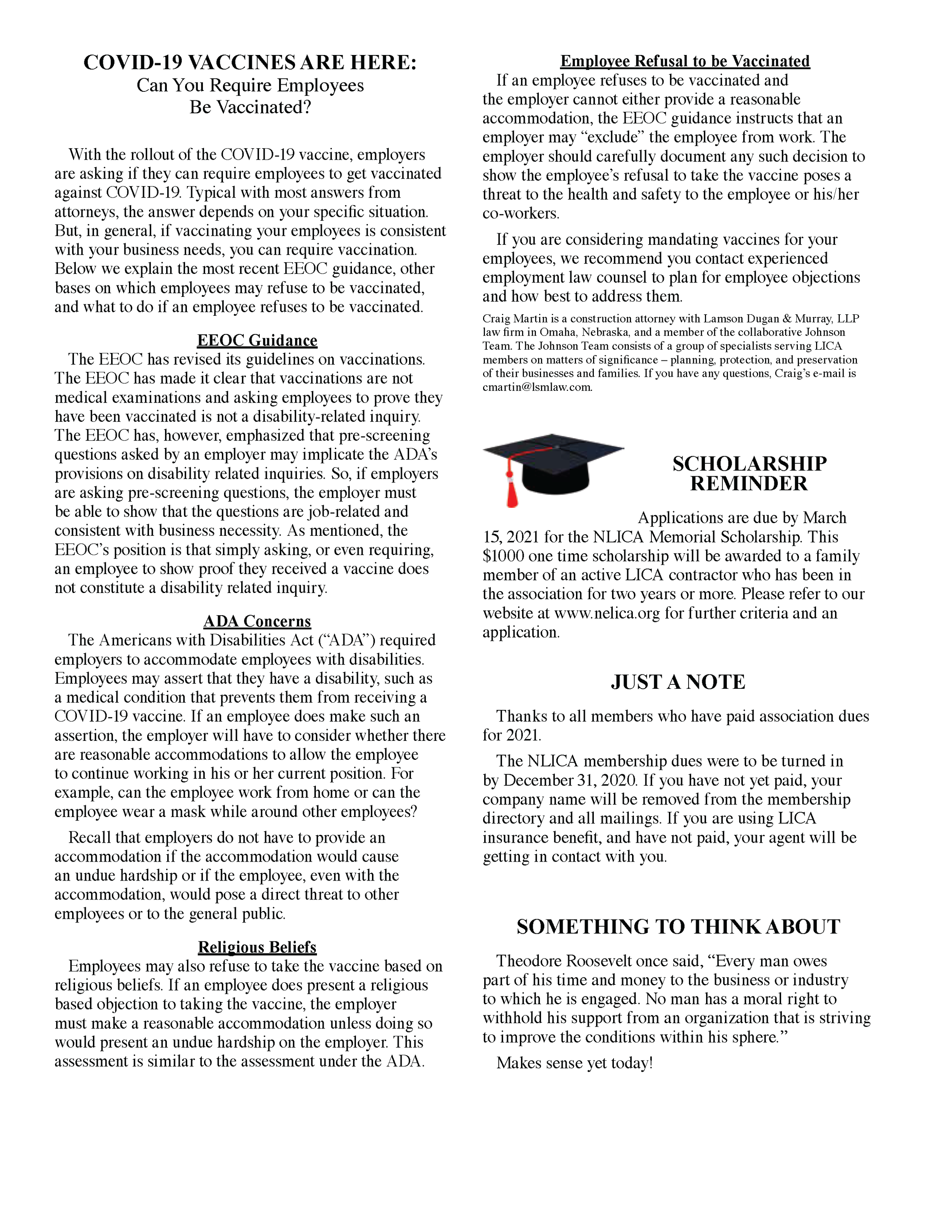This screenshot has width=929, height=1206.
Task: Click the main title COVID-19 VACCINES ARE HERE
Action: [x=250, y=62]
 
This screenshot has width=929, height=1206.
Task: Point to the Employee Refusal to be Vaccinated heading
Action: [x=685, y=61]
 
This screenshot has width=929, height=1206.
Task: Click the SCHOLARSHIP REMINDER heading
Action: [x=749, y=473]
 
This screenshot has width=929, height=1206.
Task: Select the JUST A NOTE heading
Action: [x=678, y=682]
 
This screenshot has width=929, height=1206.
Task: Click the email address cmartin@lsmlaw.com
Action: [x=537, y=387]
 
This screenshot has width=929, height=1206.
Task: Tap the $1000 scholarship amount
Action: [x=503, y=556]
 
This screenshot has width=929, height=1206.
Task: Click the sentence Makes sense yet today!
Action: [x=574, y=1063]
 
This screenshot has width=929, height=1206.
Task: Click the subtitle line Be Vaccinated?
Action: [x=250, y=107]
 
